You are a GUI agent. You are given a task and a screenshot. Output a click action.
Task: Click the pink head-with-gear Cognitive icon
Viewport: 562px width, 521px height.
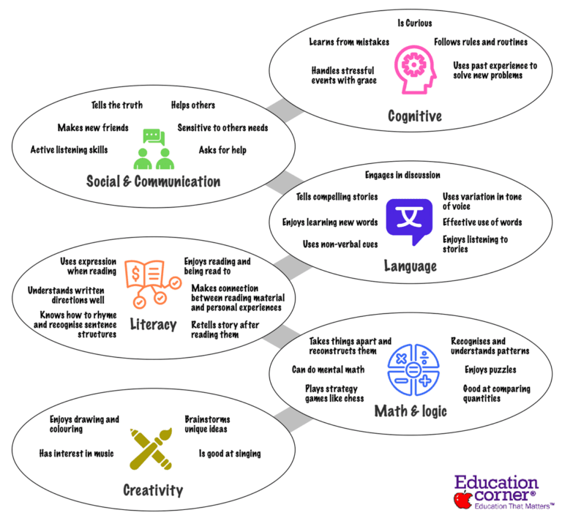(x=415, y=70)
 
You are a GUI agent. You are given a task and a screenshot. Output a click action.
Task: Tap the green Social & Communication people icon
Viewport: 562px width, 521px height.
(x=154, y=149)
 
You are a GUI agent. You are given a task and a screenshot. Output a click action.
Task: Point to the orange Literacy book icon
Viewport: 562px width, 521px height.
(x=152, y=284)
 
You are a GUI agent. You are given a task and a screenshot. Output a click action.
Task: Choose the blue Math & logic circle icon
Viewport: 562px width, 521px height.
(x=413, y=370)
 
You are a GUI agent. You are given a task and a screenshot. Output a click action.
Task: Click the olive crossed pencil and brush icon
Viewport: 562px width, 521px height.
(x=151, y=449)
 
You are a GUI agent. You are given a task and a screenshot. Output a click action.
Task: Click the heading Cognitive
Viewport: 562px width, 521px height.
(x=415, y=116)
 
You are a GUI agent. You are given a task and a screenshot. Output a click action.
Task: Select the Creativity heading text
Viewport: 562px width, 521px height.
(x=153, y=490)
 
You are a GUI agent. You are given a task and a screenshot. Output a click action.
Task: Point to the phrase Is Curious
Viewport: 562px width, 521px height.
(x=415, y=23)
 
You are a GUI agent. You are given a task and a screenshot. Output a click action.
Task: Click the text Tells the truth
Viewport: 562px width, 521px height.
(x=117, y=105)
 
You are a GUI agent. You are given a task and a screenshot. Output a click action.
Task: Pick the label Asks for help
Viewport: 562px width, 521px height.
(x=222, y=150)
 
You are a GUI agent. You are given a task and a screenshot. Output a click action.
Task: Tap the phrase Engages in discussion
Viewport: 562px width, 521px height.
(x=402, y=175)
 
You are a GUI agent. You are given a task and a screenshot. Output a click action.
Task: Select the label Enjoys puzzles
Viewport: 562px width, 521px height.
(x=490, y=370)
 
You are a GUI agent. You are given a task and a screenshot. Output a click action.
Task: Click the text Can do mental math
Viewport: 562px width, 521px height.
(x=328, y=370)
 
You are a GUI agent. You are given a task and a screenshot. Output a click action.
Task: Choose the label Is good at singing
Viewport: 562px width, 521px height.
(x=230, y=454)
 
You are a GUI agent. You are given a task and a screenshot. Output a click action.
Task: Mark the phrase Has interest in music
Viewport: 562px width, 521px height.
(x=76, y=454)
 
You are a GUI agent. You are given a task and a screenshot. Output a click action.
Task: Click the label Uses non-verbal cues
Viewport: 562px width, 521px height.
(x=340, y=244)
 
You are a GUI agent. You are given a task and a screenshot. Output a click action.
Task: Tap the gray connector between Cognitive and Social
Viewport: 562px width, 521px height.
(x=285, y=110)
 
